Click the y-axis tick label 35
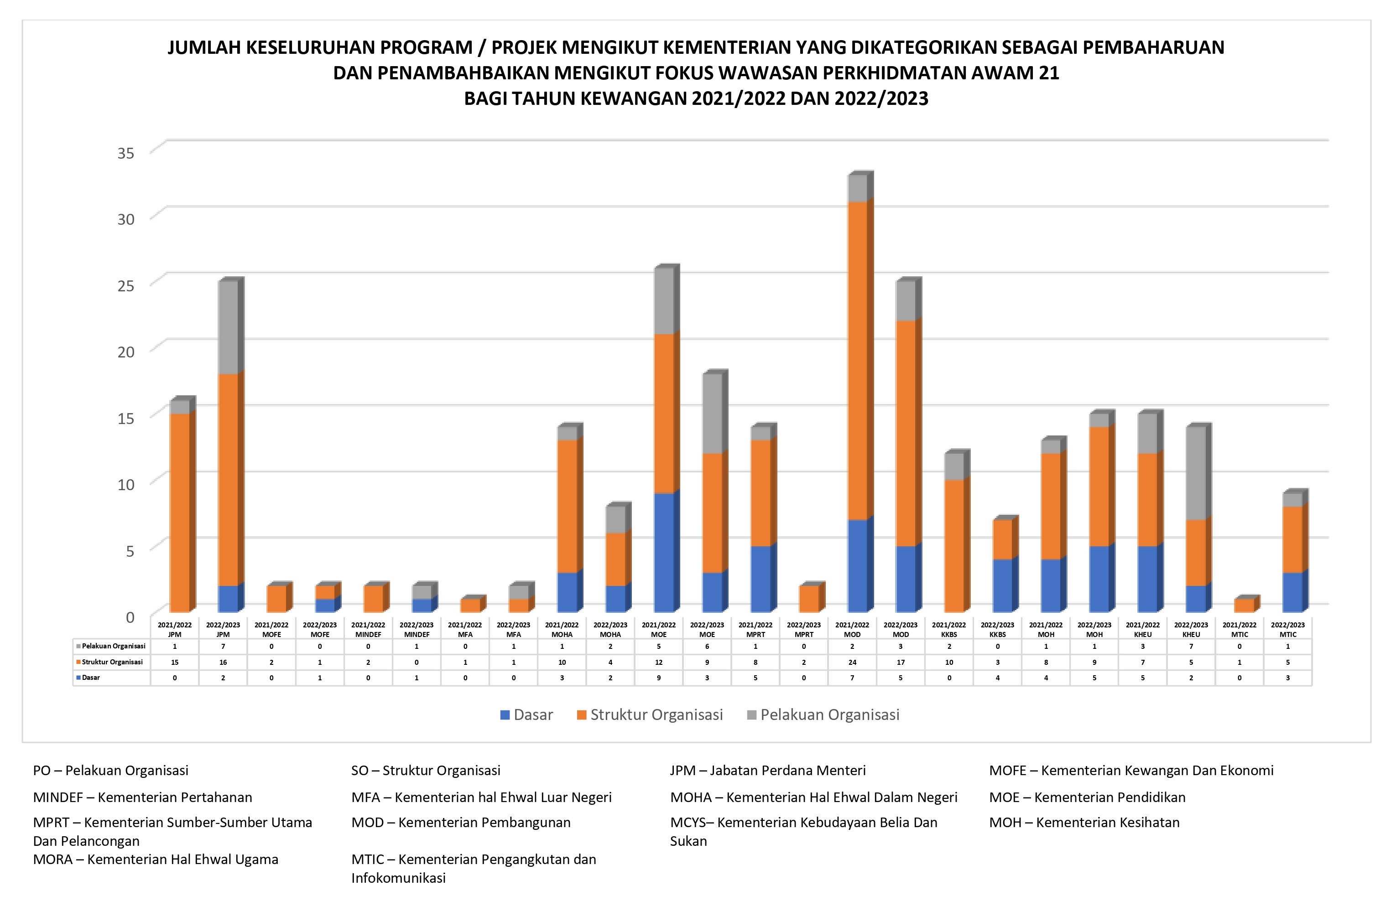[x=125, y=153]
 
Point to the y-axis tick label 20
[x=125, y=352]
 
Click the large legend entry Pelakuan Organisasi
[x=823, y=715]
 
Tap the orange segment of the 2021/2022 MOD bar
[x=856, y=361]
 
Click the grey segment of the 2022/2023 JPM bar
[x=228, y=327]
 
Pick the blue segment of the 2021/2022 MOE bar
[x=663, y=552]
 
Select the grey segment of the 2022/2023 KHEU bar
[x=1196, y=473]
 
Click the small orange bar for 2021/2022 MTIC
[x=1244, y=605]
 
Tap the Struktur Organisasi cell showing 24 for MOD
[x=852, y=662]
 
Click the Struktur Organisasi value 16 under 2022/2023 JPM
[x=223, y=662]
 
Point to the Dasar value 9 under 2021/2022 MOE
[x=659, y=678]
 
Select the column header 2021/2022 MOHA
[x=562, y=629]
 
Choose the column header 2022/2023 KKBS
[x=997, y=629]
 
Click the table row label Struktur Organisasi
[x=112, y=662]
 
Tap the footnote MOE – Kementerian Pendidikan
[x=1087, y=797]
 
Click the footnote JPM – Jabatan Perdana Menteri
[x=767, y=770]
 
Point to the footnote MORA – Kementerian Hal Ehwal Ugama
[x=156, y=859]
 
